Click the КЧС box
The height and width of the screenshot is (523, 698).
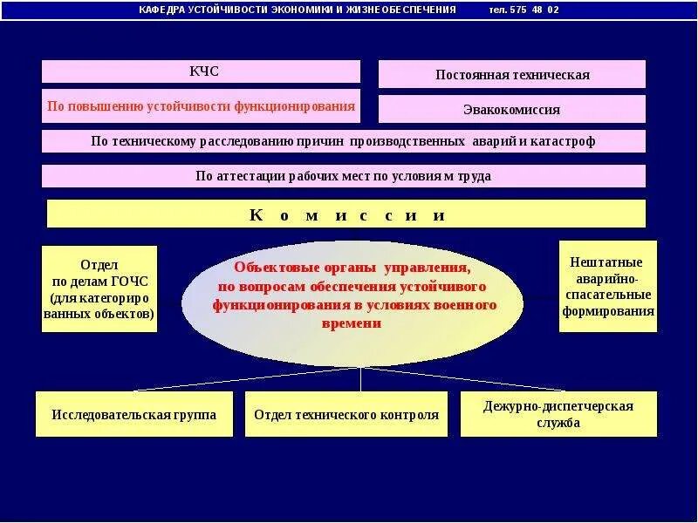(x=201, y=71)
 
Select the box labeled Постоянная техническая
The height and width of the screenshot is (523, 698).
(x=512, y=75)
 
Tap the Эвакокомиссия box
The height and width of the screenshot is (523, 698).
(x=512, y=110)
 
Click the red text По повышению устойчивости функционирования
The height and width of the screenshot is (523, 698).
(x=201, y=106)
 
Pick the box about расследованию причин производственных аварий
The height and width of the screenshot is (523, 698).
(x=344, y=141)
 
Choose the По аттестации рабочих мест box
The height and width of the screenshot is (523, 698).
(x=344, y=176)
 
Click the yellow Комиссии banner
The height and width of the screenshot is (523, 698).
(x=346, y=214)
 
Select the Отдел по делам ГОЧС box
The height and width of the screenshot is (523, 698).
(x=99, y=289)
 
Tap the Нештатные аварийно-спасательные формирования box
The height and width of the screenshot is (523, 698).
(x=607, y=287)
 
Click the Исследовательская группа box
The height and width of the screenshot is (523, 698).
(x=133, y=415)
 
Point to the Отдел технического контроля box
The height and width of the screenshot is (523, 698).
(x=346, y=415)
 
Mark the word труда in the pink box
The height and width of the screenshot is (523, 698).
(x=475, y=176)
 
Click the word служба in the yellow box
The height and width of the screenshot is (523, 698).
(x=559, y=425)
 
